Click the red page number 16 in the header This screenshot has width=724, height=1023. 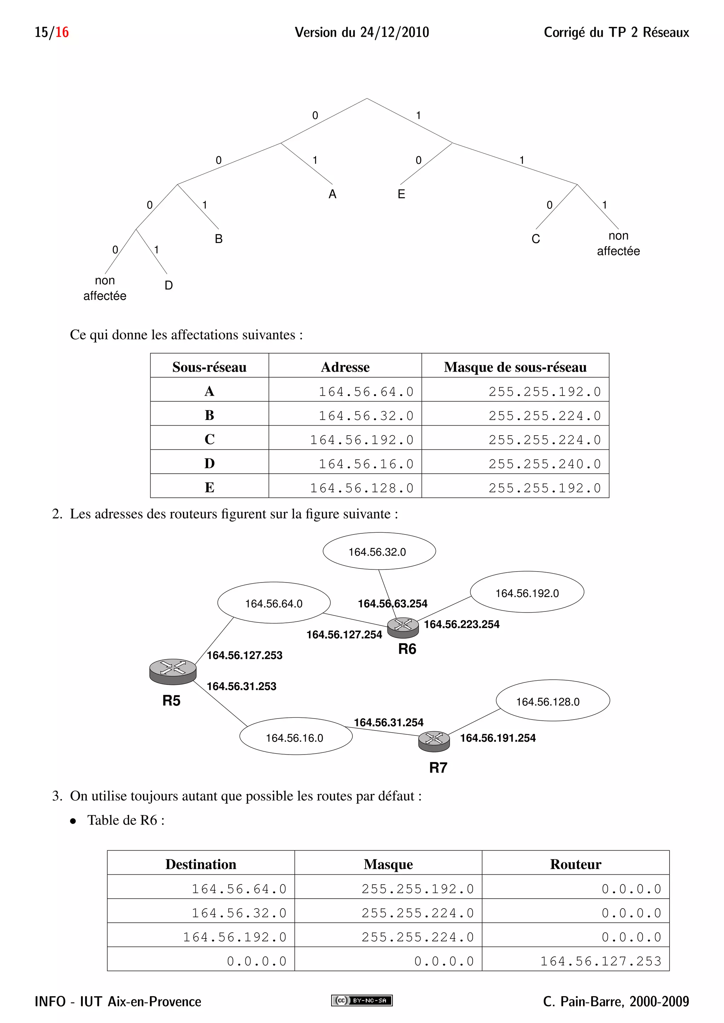click(62, 32)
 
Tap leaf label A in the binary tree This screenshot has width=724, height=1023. click(332, 194)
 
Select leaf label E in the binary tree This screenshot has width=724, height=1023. click(401, 194)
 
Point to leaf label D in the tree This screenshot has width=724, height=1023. click(169, 285)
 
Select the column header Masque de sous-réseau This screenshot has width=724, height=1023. click(515, 367)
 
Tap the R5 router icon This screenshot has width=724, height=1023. click(173, 672)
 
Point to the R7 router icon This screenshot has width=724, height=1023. click(434, 740)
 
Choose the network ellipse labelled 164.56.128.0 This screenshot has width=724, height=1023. click(552, 701)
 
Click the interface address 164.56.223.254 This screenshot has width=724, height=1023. click(461, 625)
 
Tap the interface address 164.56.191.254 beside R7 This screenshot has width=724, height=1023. click(497, 738)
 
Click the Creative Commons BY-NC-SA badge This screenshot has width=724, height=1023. click(362, 1000)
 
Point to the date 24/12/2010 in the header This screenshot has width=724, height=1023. click(395, 32)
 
